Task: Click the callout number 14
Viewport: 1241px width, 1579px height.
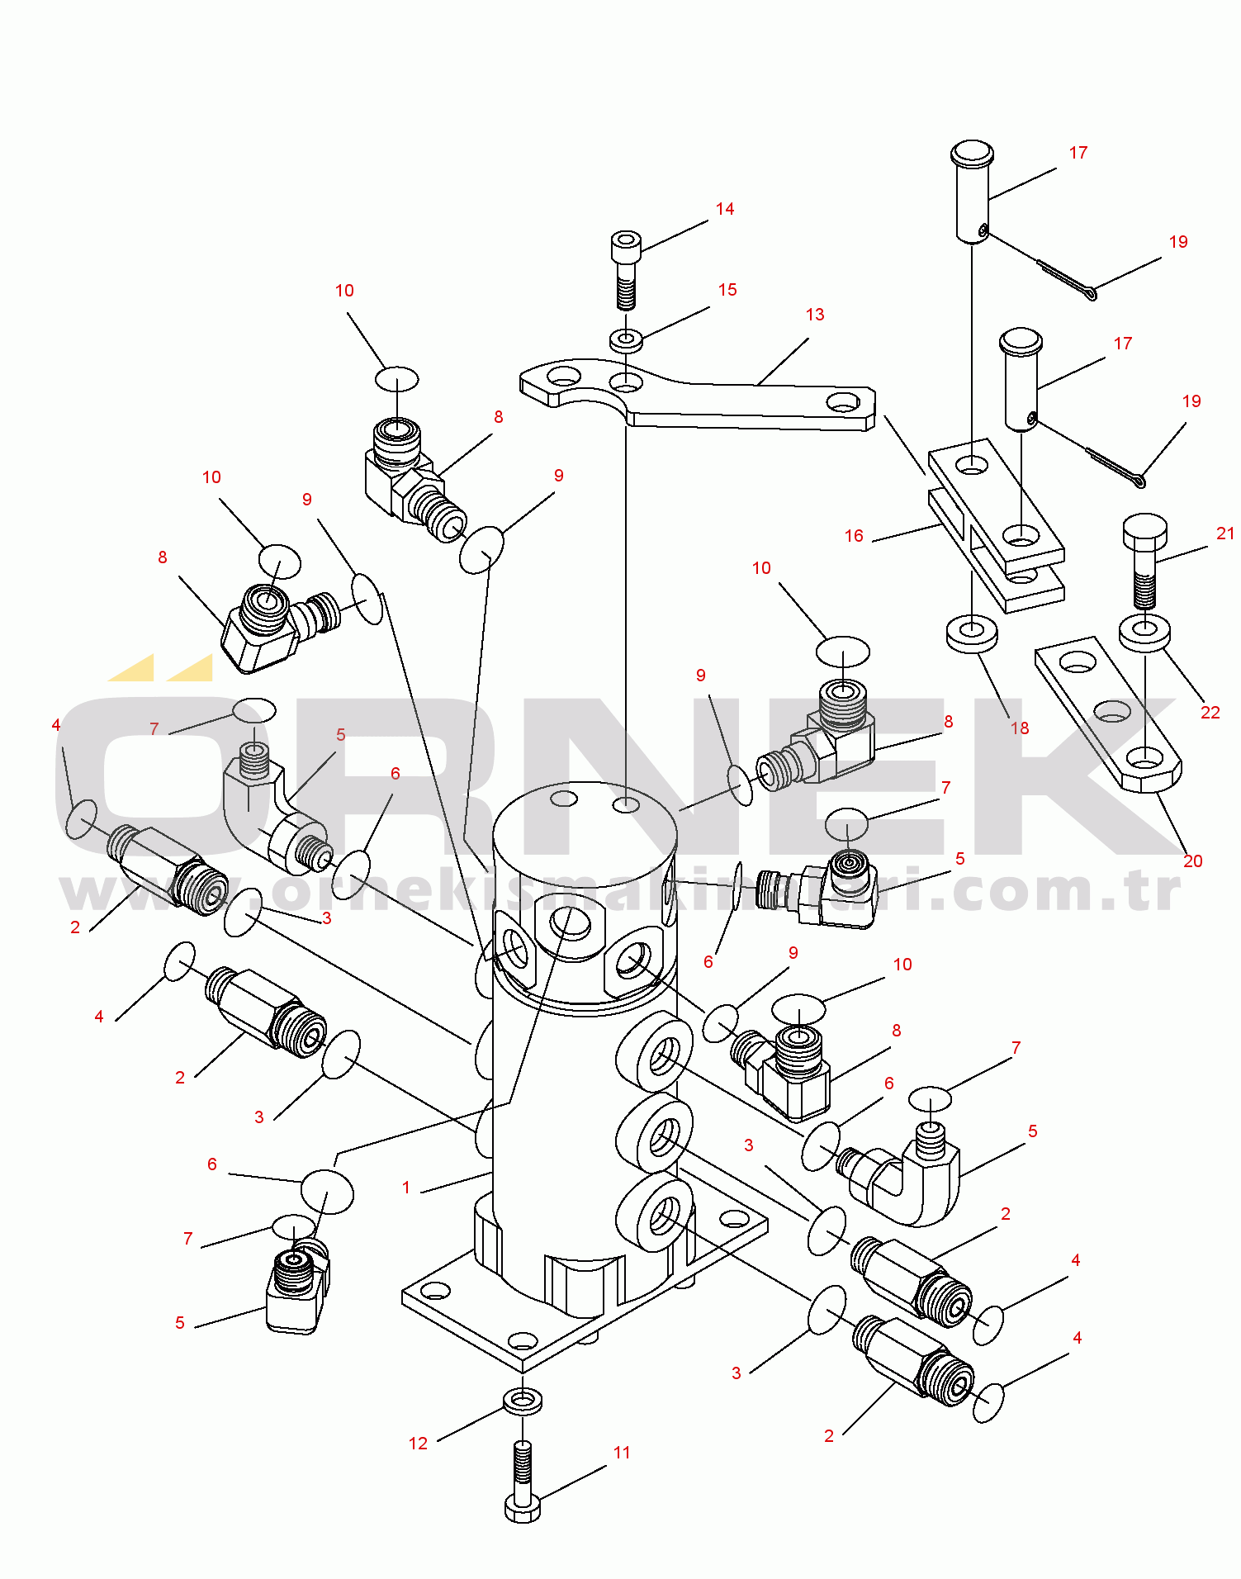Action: click(725, 209)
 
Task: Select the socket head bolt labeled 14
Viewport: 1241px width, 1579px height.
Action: click(626, 263)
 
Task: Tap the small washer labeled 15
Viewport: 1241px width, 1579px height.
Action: click(627, 339)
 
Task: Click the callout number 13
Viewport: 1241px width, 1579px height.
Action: click(814, 315)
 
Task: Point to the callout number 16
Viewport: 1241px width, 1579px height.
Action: click(854, 536)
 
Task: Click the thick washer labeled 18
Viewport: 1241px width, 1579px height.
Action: click(972, 633)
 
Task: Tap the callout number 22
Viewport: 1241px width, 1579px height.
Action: click(1210, 713)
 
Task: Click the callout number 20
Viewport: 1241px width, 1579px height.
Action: click(1192, 861)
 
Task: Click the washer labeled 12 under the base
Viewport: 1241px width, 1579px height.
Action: click(522, 1401)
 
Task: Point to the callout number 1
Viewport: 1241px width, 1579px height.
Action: click(405, 1188)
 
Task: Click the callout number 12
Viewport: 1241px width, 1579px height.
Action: click(418, 1444)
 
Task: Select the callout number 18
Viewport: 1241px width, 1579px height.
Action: click(1020, 728)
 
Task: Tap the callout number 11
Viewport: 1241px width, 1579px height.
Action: click(622, 1453)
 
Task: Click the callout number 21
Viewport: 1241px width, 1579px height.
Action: click(1225, 534)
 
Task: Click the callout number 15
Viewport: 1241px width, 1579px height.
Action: click(727, 290)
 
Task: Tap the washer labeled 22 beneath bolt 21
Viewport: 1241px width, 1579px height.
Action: click(1144, 632)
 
